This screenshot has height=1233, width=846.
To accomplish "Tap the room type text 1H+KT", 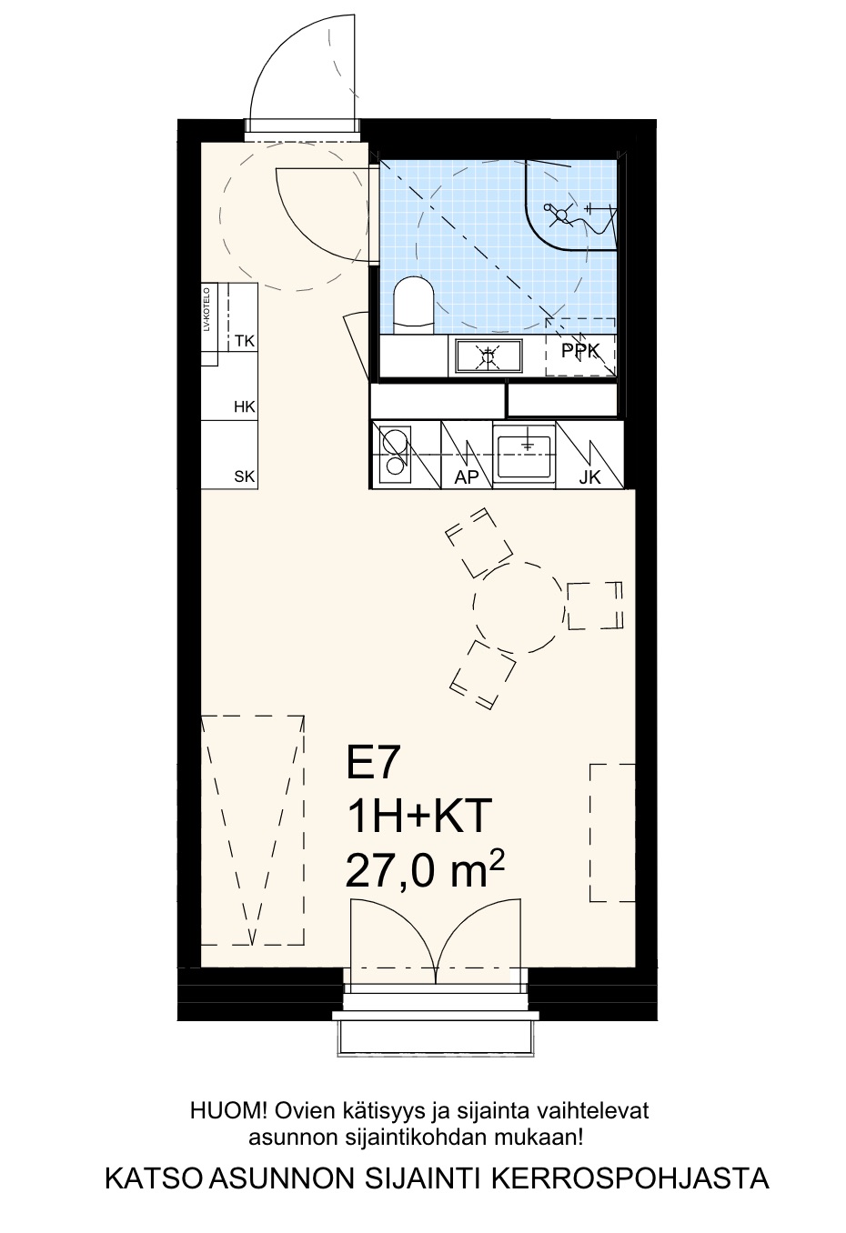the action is [x=419, y=817].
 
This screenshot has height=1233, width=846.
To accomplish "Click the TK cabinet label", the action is [x=245, y=341].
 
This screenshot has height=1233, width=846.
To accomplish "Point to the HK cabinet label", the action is [x=245, y=406].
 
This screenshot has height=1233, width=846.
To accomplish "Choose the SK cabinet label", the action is [x=245, y=476].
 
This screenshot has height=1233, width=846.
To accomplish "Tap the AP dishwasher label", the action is [x=466, y=477].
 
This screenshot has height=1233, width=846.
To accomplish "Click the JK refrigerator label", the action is [x=589, y=477].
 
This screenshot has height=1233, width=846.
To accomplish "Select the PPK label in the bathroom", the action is [x=580, y=351].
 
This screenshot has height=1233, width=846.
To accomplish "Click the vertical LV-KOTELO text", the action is [x=207, y=309].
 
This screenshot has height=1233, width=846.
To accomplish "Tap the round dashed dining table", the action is [x=519, y=607].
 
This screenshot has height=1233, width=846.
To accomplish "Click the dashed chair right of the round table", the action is [x=595, y=606].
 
